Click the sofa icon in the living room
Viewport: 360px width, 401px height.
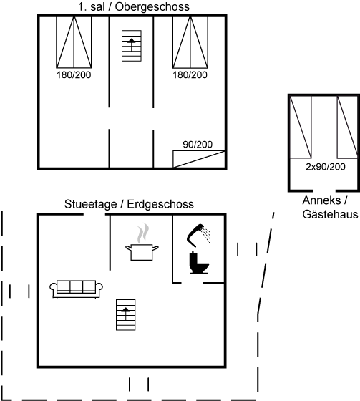76,289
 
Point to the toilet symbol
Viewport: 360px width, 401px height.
199,263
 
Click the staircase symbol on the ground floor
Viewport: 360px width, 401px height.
125,315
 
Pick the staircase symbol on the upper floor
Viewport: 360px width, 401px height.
132,46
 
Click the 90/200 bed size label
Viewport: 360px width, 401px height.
198,145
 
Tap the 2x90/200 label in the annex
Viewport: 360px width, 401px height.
326,167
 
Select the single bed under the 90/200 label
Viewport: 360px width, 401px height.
199,159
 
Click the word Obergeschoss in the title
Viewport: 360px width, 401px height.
152,7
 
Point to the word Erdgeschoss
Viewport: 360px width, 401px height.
160,204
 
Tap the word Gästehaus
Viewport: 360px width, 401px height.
330,214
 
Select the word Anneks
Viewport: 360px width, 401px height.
321,200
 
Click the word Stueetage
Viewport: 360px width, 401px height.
90,204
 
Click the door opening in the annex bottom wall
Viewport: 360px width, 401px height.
324,190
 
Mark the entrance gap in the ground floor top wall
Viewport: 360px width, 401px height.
94,214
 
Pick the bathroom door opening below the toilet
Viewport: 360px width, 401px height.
193,283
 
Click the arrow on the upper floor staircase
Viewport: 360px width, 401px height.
132,44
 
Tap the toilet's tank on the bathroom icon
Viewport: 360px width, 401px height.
193,259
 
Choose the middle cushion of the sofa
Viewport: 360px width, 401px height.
76,286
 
